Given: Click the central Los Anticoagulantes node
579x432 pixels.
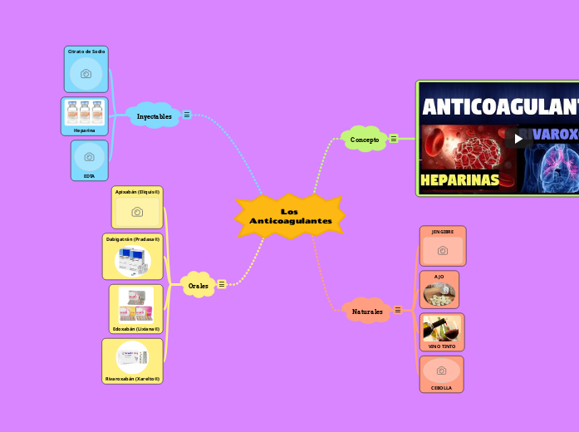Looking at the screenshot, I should coord(290,216).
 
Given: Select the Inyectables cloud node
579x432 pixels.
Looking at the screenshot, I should coord(154,116).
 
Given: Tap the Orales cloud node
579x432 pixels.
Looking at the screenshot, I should coord(198,285).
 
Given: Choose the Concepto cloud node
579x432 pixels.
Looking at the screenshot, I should coord(364,140).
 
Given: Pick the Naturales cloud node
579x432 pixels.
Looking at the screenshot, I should coord(367,312).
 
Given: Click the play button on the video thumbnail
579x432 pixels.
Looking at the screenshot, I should coord(519,138).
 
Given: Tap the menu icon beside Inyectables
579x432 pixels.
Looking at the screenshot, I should coord(187,115).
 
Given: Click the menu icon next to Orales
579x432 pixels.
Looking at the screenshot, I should coord(221,284).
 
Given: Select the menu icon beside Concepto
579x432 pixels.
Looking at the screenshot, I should coord(393,139).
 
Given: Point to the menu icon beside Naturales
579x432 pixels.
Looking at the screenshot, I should coord(398,310).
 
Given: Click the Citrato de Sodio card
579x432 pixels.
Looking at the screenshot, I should coord(86,69).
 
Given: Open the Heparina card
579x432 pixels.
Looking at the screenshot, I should coord(85,116).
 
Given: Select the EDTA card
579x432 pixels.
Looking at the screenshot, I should coord(89,160).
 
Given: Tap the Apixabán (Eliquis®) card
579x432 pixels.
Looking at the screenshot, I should coord(137,208).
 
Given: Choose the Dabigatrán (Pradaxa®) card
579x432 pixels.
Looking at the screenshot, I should coord(133,257).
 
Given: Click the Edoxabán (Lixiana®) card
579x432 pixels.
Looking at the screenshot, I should coord(136,308).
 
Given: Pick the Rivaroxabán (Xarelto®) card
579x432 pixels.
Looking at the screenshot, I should coord(133,361).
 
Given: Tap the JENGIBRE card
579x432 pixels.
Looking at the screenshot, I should coord(443,246).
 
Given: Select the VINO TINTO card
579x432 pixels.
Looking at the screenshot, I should coord(442,332).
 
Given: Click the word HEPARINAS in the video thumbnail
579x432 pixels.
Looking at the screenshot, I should coord(460,179).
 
